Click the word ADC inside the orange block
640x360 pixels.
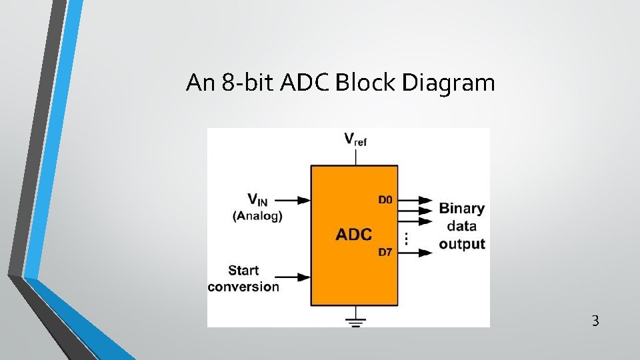[x=353, y=235]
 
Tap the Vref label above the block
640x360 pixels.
[x=355, y=139]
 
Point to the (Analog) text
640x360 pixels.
[x=257, y=215]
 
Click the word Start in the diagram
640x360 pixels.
[x=243, y=271]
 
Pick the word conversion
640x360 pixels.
[x=243, y=287]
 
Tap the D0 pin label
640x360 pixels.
[x=385, y=199]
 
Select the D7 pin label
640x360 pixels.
[x=385, y=251]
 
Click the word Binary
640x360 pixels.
[x=462, y=208]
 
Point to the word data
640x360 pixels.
[x=462, y=226]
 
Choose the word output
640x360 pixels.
[x=462, y=244]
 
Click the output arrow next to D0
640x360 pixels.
[x=416, y=199]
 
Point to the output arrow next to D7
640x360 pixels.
[x=416, y=252]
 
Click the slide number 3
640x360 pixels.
[x=595, y=321]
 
